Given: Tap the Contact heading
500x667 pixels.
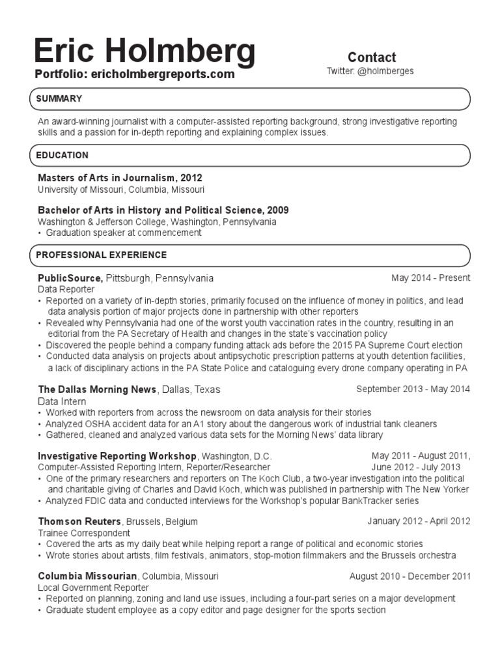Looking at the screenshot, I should (x=372, y=57).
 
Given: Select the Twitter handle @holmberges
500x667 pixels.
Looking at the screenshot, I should (x=370, y=71).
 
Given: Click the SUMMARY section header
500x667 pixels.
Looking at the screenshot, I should (x=59, y=99).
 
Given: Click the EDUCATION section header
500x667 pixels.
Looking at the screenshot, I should (x=62, y=156).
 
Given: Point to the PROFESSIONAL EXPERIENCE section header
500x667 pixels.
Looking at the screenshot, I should (x=102, y=255).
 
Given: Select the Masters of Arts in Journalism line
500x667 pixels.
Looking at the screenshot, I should (x=120, y=178).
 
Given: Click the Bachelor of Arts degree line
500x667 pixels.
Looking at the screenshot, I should (x=163, y=210).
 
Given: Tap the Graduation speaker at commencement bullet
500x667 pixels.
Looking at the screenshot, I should (x=123, y=233).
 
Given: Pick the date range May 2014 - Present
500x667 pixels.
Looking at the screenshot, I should (x=430, y=278).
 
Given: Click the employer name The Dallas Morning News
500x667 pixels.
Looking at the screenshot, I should (x=97, y=390).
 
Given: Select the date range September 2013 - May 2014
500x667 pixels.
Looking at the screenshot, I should (x=413, y=390).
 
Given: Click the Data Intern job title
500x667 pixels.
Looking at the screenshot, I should (x=61, y=401).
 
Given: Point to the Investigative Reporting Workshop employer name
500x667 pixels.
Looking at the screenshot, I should (x=117, y=456).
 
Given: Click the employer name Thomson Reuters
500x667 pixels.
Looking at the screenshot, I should (x=79, y=522).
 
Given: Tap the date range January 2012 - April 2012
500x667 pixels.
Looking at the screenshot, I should (x=418, y=522).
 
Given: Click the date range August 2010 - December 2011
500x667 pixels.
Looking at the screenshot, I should (x=410, y=576).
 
